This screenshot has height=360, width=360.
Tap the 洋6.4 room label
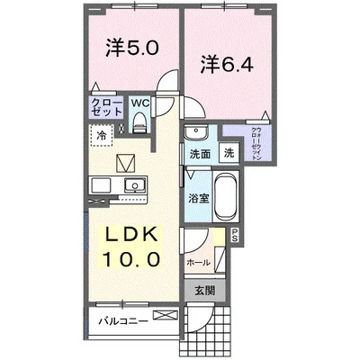pos(229,65)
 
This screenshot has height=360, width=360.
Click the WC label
pos(140,103)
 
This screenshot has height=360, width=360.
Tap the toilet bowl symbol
pos(140,125)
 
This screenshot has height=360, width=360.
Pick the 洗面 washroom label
pos(199,154)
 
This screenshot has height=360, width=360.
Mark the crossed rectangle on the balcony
pos(166,315)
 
